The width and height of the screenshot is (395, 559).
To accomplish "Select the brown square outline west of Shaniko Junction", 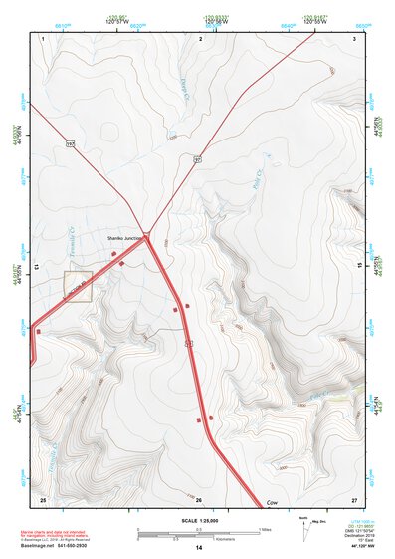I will pos(78,285).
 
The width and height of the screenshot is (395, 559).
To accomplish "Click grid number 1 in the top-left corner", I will pos(44,38).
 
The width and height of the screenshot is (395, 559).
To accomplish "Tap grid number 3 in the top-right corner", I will pos(355,38).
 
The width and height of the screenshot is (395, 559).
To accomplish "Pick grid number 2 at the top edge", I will pos(200,38).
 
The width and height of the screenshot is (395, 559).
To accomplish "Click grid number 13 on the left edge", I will pos(38,268).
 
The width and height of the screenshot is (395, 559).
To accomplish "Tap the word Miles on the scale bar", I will pos(266,528).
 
